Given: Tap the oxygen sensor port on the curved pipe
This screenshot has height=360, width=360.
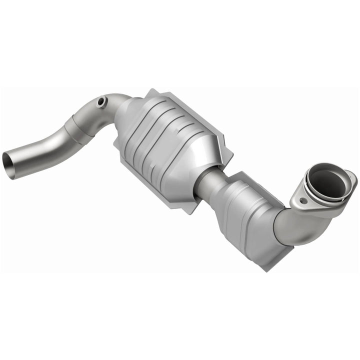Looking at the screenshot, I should (102, 101).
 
